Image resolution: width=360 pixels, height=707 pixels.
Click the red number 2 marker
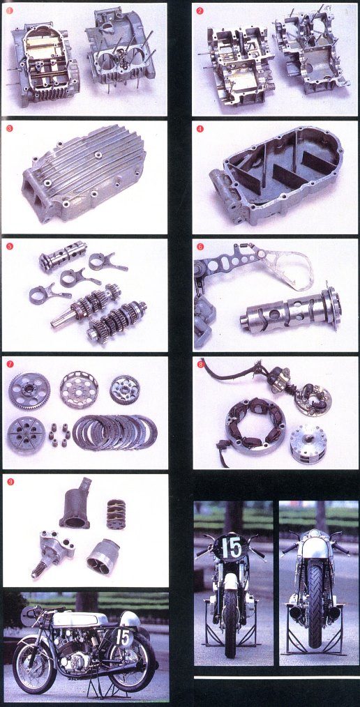coord(200,11)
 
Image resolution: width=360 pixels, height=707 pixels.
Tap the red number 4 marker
coord(200,128)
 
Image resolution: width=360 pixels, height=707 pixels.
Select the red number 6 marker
coord(200,246)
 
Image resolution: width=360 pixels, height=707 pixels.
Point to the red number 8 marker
coord(200,363)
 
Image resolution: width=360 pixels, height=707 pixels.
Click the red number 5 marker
coord(10,246)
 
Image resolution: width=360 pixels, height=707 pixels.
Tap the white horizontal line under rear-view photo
coord(276,676)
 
